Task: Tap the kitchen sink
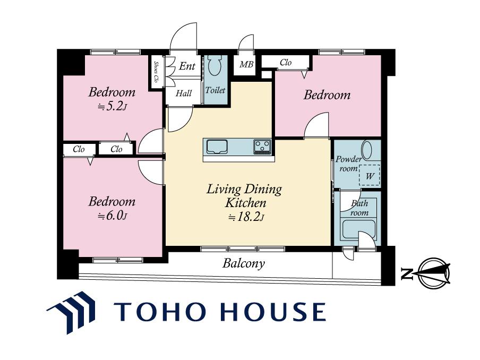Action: tap(217, 147)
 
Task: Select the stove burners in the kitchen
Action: tap(262, 147)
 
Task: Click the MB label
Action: tap(246, 65)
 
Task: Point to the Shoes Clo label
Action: tap(156, 72)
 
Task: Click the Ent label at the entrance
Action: tap(187, 66)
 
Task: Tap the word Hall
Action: tap(184, 93)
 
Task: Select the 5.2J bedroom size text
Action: tap(112, 107)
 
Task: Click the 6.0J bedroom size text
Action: tap(112, 216)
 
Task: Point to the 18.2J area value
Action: tap(246, 217)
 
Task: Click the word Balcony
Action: tap(244, 263)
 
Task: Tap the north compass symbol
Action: tap(434, 273)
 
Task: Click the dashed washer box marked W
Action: tap(370, 175)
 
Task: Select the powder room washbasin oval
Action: tap(367, 150)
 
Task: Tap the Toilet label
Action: tap(215, 90)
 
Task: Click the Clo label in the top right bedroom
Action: tap(286, 63)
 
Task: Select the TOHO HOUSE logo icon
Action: tap(71, 312)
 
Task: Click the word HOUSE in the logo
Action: tap(272, 312)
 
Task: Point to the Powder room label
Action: tap(348, 164)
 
